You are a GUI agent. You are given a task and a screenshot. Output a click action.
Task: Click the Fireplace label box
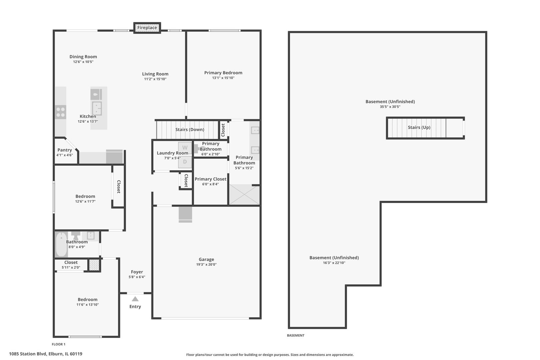pyautogui.click(x=147, y=28)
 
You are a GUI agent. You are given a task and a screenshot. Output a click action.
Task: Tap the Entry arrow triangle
pyautogui.click(x=135, y=299)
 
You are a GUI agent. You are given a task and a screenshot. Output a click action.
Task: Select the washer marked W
pyautogui.click(x=185, y=148)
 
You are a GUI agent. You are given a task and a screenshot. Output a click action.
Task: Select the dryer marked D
pyautogui.click(x=185, y=162)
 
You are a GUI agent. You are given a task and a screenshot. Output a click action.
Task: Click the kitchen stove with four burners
pyautogui.click(x=61, y=112)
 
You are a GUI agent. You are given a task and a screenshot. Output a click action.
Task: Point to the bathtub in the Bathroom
pyautogui.click(x=61, y=244)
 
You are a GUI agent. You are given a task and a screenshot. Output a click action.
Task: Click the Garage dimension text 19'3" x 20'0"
pyautogui.click(x=206, y=265)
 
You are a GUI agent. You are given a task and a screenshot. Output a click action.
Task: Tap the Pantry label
pyautogui.click(x=65, y=150)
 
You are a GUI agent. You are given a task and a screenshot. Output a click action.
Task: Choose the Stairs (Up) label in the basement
pyautogui.click(x=419, y=127)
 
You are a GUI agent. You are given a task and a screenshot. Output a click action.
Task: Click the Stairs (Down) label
pyautogui.click(x=190, y=129)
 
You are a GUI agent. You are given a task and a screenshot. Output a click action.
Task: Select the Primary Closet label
pyautogui.click(x=210, y=179)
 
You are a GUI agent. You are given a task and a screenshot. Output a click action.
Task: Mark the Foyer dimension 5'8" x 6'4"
pyautogui.click(x=137, y=277)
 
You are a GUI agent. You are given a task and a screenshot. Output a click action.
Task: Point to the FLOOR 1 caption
pyautogui.click(x=59, y=344)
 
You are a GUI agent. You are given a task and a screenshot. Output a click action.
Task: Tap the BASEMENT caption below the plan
pyautogui.click(x=296, y=335)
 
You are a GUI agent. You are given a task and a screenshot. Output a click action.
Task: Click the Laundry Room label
pyautogui.click(x=172, y=153)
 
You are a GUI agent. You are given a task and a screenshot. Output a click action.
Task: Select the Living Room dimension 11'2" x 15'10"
pyautogui.click(x=155, y=79)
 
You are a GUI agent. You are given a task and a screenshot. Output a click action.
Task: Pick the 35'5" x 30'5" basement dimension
pyautogui.click(x=390, y=107)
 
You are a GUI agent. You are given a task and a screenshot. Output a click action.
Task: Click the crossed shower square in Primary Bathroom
pyautogui.click(x=244, y=195)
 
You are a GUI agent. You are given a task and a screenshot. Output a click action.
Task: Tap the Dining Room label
pyautogui.click(x=83, y=57)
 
